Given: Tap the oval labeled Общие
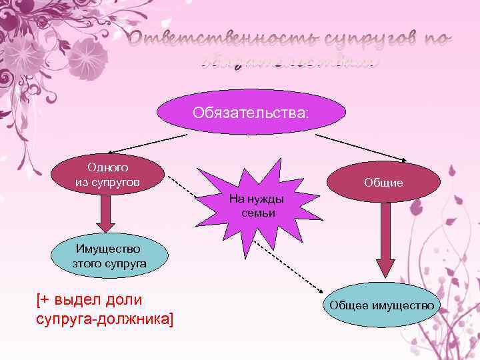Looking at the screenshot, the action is click(383, 181).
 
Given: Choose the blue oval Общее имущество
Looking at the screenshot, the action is click(381, 305).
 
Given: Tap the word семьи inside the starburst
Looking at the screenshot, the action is click(256, 212).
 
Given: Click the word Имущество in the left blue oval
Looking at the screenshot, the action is click(109, 249).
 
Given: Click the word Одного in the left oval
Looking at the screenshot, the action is click(108, 167).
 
